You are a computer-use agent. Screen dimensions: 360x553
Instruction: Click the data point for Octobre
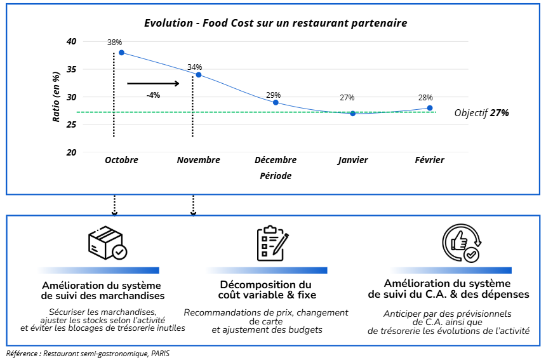pos(121,53)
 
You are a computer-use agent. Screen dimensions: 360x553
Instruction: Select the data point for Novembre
pos(199,75)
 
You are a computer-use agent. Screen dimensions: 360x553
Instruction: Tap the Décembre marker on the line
pos(276,102)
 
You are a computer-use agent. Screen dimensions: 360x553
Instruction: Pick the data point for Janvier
pos(353,114)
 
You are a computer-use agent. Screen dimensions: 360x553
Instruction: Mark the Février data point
pos(430,108)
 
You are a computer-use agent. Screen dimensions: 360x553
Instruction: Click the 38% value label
pos(114,43)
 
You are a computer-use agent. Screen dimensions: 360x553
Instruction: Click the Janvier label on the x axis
pos(353,161)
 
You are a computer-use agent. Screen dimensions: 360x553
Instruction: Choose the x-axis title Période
pos(276,176)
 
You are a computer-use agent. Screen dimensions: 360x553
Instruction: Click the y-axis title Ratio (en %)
pos(56,97)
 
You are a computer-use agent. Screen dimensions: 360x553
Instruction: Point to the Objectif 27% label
pos(482,113)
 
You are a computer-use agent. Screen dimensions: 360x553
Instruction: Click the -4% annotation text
pos(153,95)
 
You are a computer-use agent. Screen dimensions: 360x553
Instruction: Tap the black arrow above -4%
pos(153,83)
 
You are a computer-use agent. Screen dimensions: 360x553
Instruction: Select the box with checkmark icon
pos(107,244)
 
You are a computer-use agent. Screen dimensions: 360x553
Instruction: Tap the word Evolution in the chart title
pos(168,23)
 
